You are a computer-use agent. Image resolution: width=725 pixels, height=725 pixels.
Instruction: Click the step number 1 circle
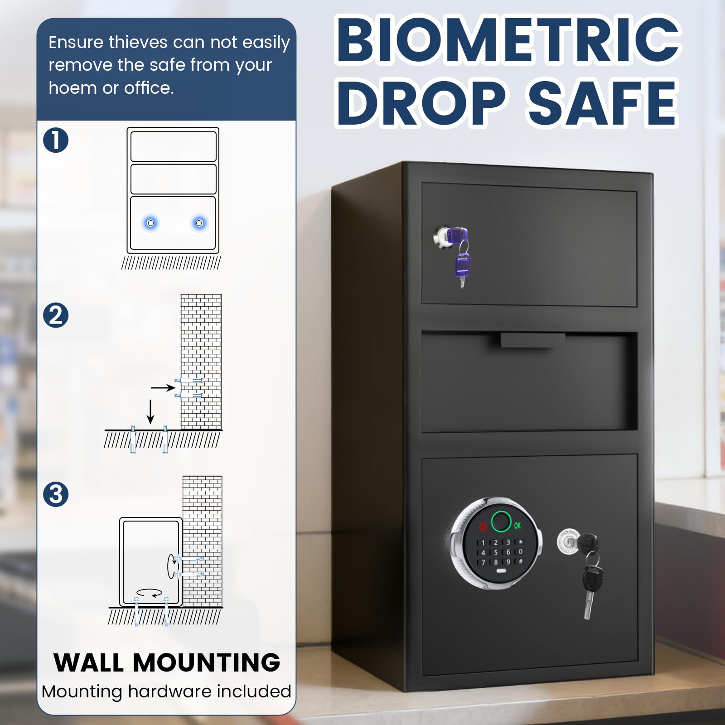coord(56,140)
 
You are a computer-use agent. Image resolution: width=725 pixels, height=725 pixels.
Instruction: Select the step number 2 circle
coord(56,315)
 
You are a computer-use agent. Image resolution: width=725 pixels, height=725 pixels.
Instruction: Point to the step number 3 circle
coord(56,494)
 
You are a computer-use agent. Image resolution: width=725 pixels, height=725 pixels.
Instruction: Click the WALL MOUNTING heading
coord(167,662)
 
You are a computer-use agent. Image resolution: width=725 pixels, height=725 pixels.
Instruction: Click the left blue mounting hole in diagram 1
coord(151,223)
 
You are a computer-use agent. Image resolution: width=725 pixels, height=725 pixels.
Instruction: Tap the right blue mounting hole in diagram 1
coord(199,223)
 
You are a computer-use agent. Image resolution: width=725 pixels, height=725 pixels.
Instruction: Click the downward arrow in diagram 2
coord(150,412)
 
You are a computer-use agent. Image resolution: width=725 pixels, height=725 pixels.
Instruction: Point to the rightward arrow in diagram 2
coord(163,387)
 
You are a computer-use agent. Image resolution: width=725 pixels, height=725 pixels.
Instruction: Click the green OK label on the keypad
coord(517,526)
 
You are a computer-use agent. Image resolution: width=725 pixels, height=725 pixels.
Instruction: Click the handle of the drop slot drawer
coord(533,340)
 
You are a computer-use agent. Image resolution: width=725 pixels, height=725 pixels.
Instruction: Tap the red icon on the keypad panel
coord(483,527)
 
